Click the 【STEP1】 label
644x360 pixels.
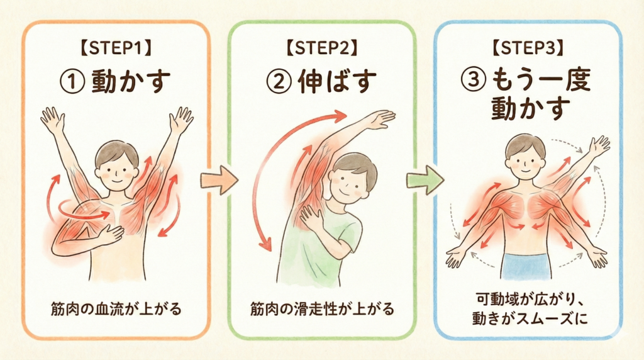[x=116, y=48]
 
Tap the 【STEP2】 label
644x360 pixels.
[x=321, y=48]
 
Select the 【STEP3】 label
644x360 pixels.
[x=528, y=48]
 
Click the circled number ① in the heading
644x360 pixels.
[x=73, y=81]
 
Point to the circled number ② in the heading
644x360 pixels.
[x=279, y=81]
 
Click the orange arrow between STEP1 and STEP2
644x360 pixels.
[x=219, y=180]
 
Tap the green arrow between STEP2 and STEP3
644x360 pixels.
[x=426, y=180]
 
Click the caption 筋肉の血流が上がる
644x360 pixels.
[x=116, y=308]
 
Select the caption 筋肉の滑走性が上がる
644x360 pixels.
[x=322, y=308]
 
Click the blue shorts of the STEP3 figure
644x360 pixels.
[x=526, y=266]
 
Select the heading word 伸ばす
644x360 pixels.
[x=337, y=81]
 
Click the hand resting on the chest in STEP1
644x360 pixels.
[x=110, y=234]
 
